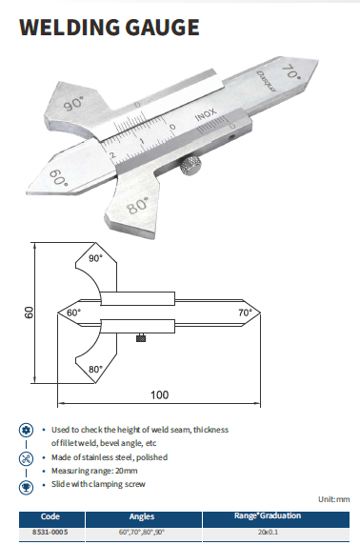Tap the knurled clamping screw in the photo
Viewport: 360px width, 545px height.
tap(190, 166)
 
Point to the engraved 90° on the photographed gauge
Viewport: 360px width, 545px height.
tap(74, 103)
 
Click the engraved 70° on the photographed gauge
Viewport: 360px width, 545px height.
tap(291, 71)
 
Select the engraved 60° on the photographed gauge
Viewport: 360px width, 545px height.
tap(58, 177)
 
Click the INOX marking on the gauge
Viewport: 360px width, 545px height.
tap(206, 115)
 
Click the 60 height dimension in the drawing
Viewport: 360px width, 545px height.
tap(30, 313)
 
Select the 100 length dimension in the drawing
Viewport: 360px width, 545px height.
tap(159, 394)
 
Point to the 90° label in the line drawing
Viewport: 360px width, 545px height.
tap(95, 258)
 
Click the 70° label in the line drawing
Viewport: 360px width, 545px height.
tap(245, 313)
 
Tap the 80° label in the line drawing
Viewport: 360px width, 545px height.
tap(95, 369)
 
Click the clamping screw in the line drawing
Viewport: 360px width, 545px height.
tap(141, 337)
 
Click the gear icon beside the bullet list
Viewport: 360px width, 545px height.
tap(26, 431)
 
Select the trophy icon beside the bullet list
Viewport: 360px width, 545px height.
tap(26, 487)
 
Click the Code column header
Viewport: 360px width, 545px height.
tap(50, 516)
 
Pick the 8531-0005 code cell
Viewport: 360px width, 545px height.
tap(50, 533)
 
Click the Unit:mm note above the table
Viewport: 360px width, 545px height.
tap(334, 499)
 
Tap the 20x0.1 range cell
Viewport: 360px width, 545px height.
tap(268, 533)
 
